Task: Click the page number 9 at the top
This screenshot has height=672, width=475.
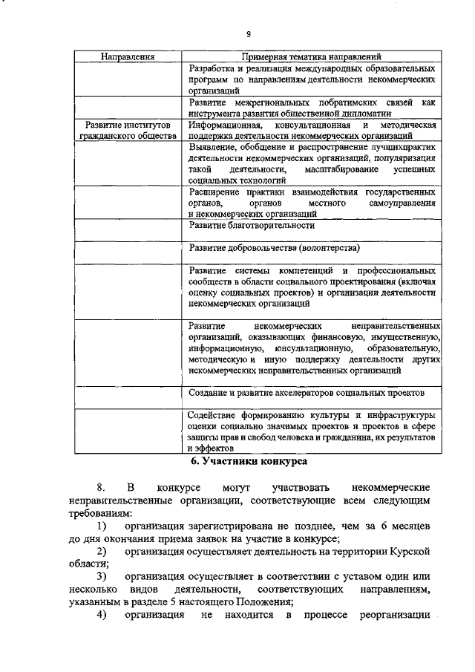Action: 249,33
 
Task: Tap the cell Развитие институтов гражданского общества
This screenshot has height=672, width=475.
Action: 128,131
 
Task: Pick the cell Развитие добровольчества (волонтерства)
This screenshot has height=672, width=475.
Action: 274,248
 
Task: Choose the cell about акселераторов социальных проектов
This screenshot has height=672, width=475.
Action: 306,392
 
